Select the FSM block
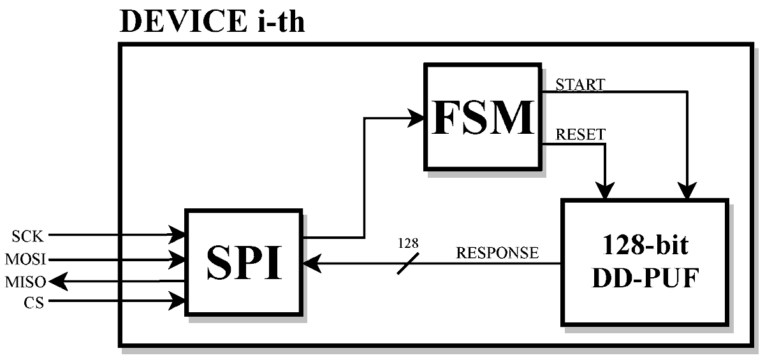483,116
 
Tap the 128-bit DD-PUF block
644,262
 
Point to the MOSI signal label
25,260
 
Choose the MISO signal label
25,281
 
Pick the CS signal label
34,303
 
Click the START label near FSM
580,84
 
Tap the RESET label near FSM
580,134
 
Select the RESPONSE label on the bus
497,253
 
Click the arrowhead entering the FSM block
418,117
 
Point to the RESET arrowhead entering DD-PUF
604,189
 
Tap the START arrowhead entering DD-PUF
687,189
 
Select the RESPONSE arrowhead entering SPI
310,263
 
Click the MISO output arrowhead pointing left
56,281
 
